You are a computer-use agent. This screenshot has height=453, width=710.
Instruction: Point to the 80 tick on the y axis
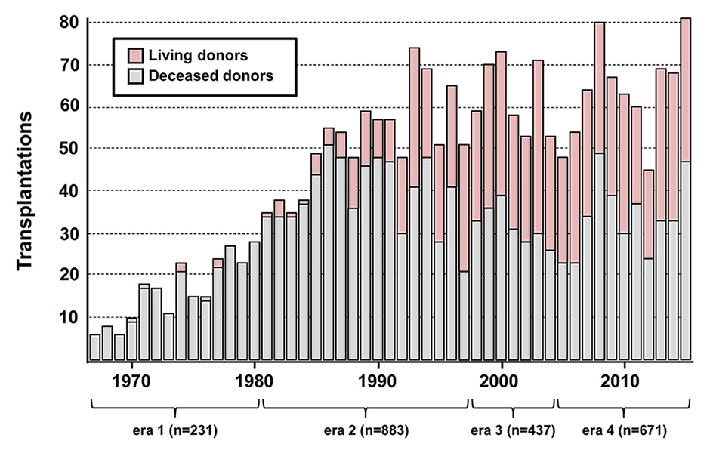click(69, 23)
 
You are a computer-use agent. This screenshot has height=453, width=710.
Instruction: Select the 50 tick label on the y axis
click(69, 149)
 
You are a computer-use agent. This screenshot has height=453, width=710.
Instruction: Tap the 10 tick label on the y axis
click(69, 319)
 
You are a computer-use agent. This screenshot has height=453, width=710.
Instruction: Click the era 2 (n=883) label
click(366, 432)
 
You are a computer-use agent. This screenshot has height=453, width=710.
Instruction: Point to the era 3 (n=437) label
click(513, 432)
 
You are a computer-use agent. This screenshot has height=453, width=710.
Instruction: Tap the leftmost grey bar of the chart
click(95, 347)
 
